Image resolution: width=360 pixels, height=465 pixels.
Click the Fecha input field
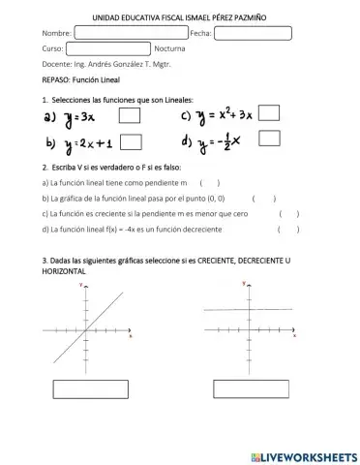[253, 33]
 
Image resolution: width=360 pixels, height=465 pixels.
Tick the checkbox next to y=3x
[131, 118]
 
